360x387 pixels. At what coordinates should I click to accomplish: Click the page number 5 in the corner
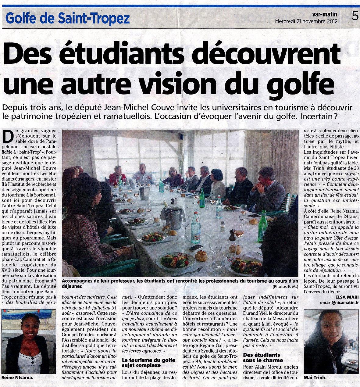355,16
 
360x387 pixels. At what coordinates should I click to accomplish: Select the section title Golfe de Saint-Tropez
68,19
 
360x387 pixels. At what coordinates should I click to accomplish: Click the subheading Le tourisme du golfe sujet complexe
148,363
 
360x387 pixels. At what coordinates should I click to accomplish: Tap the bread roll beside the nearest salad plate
201,256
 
